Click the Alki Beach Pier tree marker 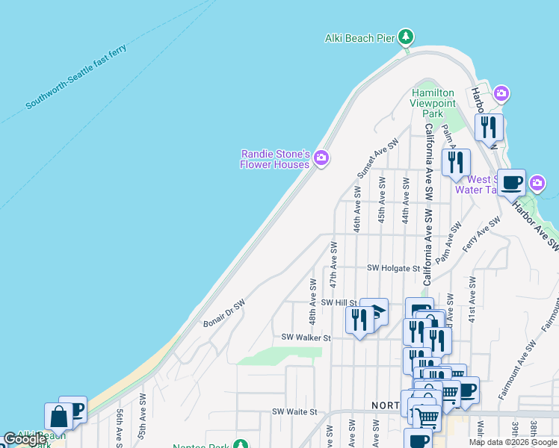(405, 36)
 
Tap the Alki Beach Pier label (359, 37)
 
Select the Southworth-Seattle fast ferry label (75, 78)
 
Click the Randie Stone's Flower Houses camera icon (321, 157)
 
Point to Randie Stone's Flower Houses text (274, 159)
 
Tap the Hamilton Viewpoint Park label (433, 103)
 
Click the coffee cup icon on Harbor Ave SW (511, 182)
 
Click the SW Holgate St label (394, 268)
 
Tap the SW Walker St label (306, 337)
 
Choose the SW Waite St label (294, 411)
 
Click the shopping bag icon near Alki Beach (58, 416)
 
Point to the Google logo (25, 440)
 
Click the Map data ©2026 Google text (512, 442)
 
